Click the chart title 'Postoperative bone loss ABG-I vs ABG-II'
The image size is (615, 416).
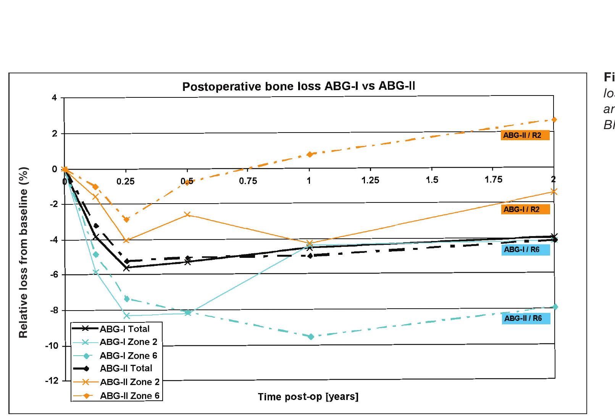299,86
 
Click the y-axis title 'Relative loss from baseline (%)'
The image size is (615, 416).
24,252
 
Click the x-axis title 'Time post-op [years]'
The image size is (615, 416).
308,397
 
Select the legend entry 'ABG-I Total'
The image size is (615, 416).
124,329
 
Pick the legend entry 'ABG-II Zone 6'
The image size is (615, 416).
129,396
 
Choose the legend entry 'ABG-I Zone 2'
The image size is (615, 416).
128,342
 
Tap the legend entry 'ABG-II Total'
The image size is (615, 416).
126,368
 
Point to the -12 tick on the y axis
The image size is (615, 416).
52,381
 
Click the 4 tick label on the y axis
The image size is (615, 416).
54,98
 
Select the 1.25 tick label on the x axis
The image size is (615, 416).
370,180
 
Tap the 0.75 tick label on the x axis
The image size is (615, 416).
248,181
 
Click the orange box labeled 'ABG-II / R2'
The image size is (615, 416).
525,135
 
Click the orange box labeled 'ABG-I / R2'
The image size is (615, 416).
525,209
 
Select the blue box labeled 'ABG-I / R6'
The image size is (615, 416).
526,250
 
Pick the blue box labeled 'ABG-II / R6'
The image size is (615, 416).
526,319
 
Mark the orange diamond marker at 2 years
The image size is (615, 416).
554,120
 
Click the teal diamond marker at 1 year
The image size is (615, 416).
311,337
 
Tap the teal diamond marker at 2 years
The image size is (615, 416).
555,307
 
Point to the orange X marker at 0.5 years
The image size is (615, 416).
187,215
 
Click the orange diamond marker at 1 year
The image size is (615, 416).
310,154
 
